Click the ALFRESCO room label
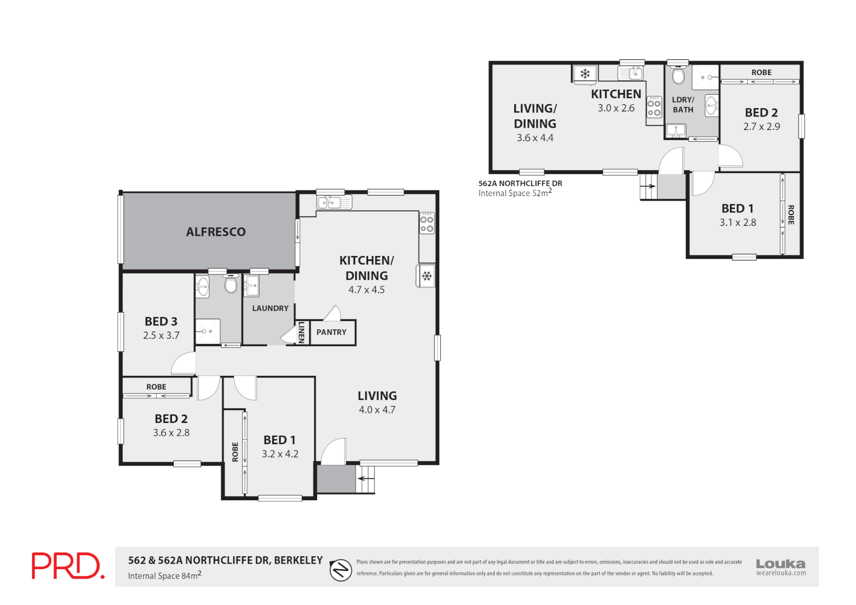click(216, 232)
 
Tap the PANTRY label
click(331, 332)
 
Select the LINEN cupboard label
click(301, 332)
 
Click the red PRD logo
click(68, 566)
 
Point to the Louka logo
click(780, 566)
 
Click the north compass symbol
click(340, 570)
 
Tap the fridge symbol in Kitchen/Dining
click(426, 276)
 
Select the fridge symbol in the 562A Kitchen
click(585, 74)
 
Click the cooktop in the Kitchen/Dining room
click(427, 223)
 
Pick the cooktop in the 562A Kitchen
click(654, 107)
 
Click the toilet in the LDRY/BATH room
click(678, 75)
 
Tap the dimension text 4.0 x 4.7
click(377, 410)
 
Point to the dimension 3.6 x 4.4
click(534, 138)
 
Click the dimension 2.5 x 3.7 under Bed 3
click(161, 336)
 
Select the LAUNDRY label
click(270, 308)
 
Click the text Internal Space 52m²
click(515, 193)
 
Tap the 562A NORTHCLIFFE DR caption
click(520, 183)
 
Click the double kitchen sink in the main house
click(334, 202)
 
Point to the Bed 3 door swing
click(184, 365)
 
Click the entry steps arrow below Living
click(365, 478)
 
